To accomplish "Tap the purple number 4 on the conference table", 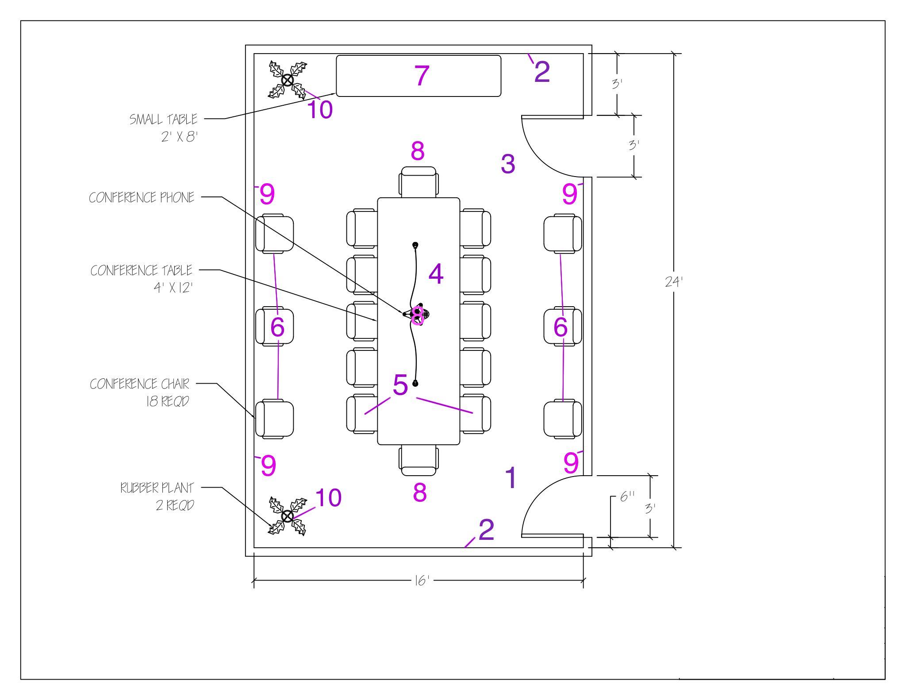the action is tap(436, 274).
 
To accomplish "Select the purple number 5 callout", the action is tap(400, 385).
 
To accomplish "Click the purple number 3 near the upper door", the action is tap(508, 164).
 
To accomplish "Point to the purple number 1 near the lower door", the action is tap(511, 478).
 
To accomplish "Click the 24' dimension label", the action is tap(674, 281).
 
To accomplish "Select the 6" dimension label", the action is tap(627, 496).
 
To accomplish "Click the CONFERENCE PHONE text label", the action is tap(142, 197).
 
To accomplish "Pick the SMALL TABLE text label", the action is tap(163, 119).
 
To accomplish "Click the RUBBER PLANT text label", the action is tap(157, 488).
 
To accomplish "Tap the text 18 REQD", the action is tap(168, 401).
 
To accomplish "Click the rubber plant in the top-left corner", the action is tap(288, 80).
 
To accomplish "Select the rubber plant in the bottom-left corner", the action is tap(288, 516).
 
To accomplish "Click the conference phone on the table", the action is tap(417, 315).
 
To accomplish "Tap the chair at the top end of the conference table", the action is tap(418, 181).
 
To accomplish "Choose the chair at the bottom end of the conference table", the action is tap(418, 461).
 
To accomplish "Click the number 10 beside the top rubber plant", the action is tap(320, 109).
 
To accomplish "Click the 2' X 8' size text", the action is tap(179, 137).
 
